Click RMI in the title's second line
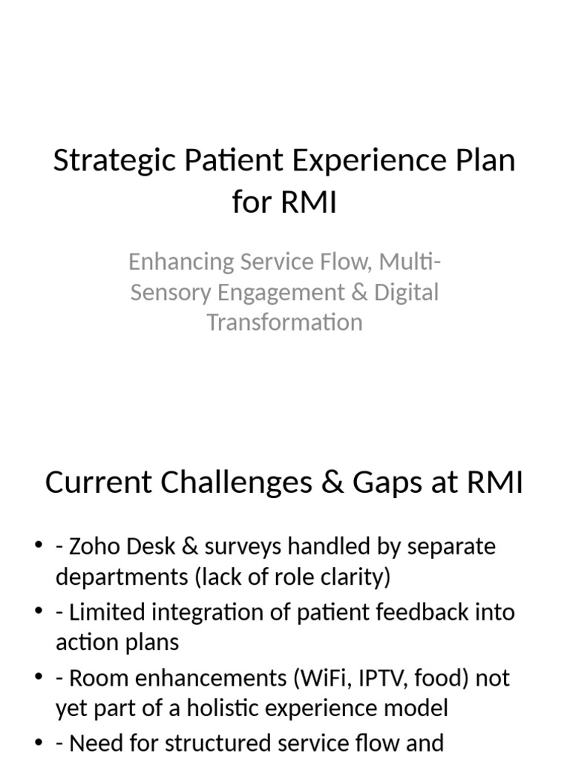click(x=309, y=201)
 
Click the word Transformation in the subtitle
click(x=284, y=322)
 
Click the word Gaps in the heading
click(x=386, y=483)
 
